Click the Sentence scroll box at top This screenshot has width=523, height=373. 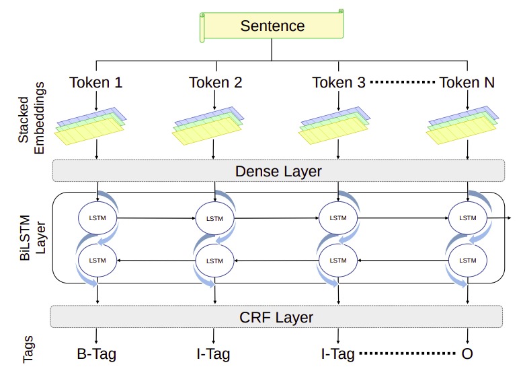(x=272, y=26)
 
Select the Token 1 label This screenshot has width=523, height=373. (x=96, y=83)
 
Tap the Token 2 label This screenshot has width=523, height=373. (x=215, y=83)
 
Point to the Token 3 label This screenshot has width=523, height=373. (x=338, y=83)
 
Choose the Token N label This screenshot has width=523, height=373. (x=467, y=83)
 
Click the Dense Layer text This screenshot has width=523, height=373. (x=278, y=171)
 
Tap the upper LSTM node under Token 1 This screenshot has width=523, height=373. (x=97, y=217)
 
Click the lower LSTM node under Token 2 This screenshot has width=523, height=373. (x=214, y=261)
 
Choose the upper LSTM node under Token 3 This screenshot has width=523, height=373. (x=337, y=217)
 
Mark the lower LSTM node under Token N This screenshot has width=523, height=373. (x=467, y=261)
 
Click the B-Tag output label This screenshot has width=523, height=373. (x=97, y=354)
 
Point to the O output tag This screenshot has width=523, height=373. (x=467, y=354)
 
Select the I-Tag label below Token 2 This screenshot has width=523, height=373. (x=214, y=354)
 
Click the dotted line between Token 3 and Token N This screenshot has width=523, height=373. (x=403, y=83)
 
